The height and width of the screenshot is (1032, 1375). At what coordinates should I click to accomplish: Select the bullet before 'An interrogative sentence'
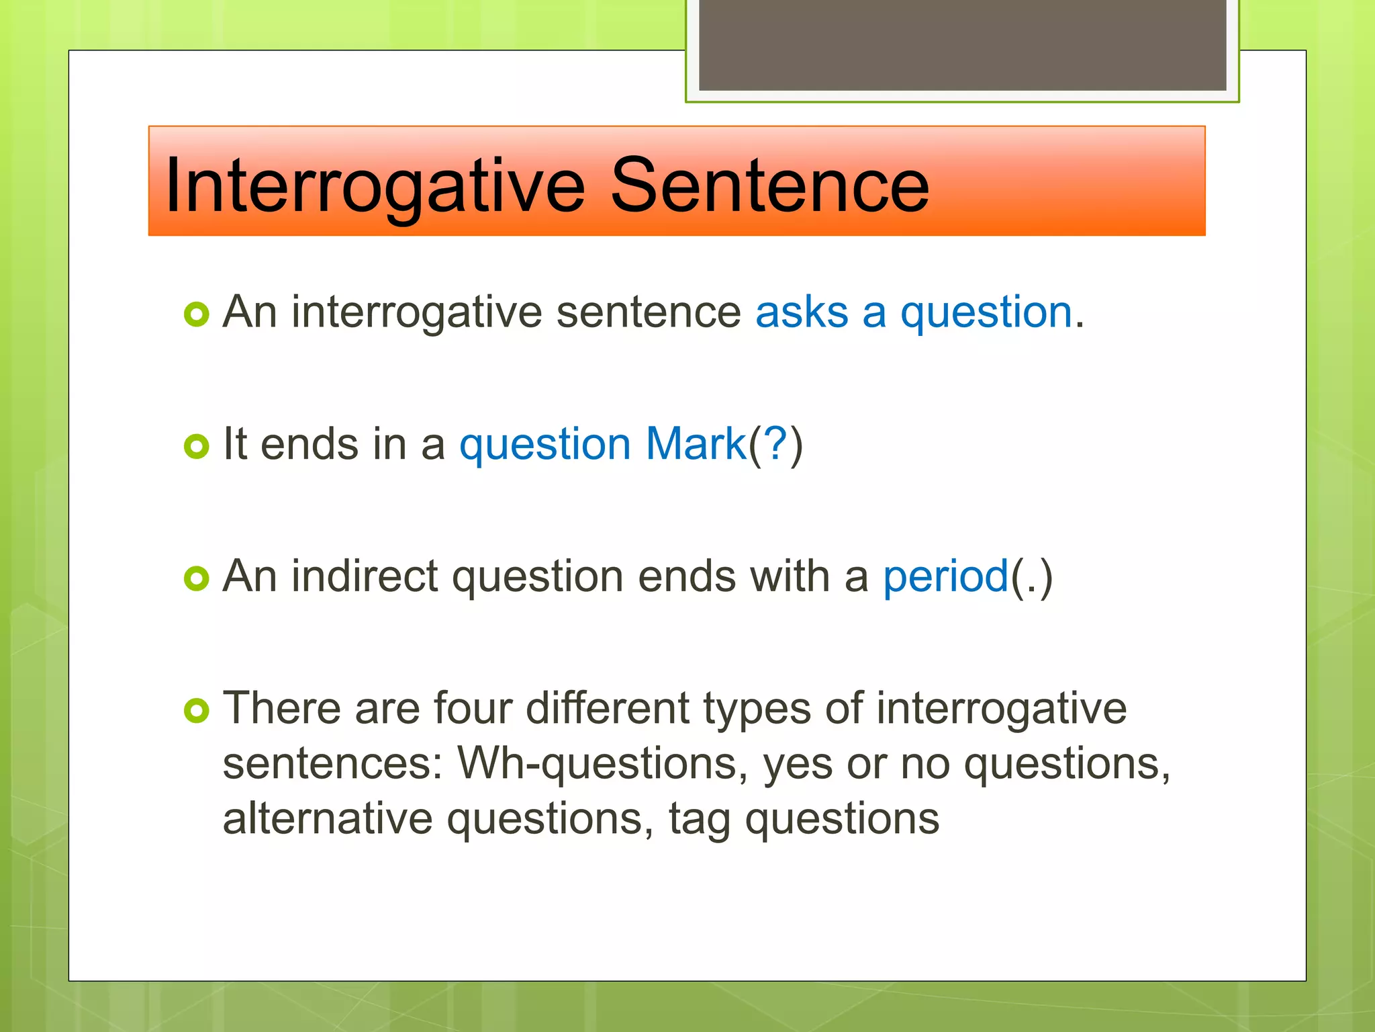pyautogui.click(x=196, y=314)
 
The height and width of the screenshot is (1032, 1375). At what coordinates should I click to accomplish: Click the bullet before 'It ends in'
pyautogui.click(x=196, y=446)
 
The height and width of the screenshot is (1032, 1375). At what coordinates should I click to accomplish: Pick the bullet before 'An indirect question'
pyautogui.click(x=196, y=578)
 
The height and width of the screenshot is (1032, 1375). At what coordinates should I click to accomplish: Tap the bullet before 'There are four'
pyautogui.click(x=196, y=710)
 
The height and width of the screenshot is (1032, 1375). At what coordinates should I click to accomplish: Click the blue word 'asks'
pyautogui.click(x=802, y=313)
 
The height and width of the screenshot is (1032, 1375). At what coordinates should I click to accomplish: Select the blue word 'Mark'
pyautogui.click(x=696, y=444)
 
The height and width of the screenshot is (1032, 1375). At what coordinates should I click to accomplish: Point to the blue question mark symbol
pyautogui.click(x=775, y=444)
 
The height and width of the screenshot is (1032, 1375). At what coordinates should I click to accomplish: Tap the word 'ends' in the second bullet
pyautogui.click(x=309, y=444)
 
